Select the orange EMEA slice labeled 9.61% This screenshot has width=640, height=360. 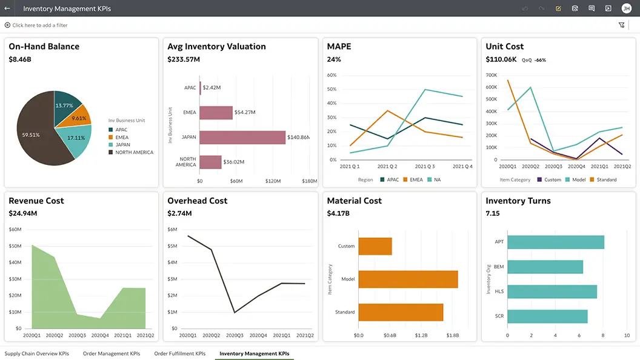coord(79,118)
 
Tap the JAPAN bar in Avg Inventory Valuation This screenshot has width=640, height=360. coord(242,138)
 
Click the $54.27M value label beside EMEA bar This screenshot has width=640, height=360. coord(245,112)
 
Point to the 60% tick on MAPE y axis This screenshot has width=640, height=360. coord(332,75)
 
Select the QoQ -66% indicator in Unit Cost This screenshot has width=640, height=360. coord(534,60)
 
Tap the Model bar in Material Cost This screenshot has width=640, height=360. coord(408,279)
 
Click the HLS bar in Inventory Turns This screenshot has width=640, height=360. coord(552,292)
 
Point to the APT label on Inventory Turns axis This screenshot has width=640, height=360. coord(499,242)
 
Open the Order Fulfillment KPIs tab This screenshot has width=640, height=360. coord(179,353)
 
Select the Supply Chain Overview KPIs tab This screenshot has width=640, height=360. coord(36,353)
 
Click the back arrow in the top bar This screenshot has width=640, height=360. coord(7,8)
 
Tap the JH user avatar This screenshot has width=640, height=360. coord(626,8)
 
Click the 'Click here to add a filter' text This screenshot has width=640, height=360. coord(39,25)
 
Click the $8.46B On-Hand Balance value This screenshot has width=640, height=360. coord(20,59)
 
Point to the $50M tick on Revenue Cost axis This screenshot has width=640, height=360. coord(15,246)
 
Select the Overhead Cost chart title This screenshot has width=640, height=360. coord(197,201)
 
